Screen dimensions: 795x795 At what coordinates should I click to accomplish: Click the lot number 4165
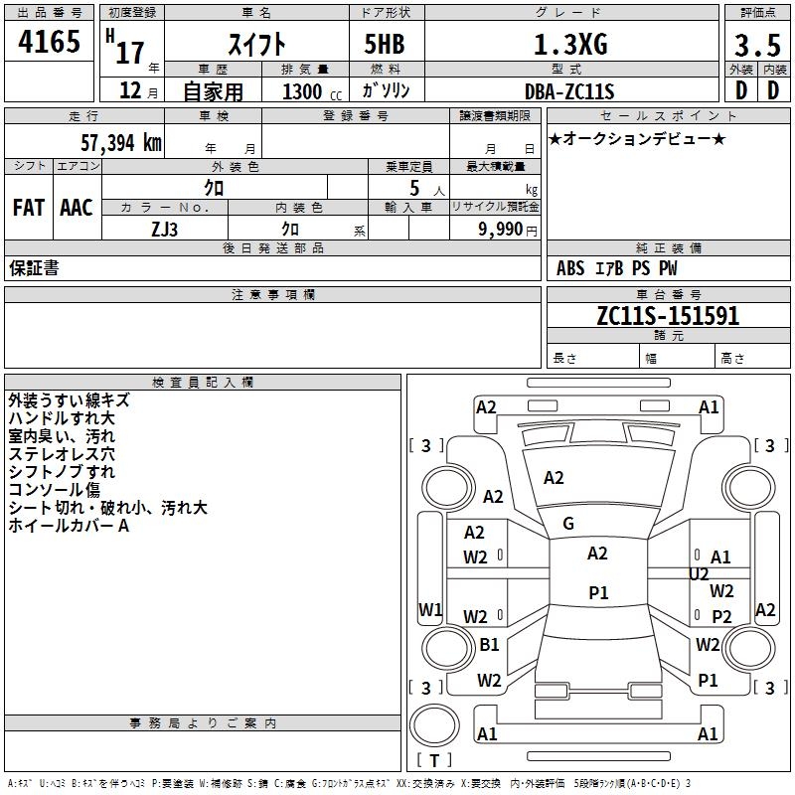point(49,44)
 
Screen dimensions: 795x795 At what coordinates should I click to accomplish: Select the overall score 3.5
point(754,47)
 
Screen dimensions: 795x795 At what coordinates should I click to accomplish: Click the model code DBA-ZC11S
point(569,91)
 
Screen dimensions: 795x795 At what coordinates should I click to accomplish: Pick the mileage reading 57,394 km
point(117,143)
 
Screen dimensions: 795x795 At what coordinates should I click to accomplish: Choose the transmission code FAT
point(28,208)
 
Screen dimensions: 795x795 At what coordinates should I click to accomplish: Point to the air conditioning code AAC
point(77,208)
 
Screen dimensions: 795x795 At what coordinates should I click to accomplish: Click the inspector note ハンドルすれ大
point(62,418)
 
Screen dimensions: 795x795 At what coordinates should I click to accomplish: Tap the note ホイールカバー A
point(69,526)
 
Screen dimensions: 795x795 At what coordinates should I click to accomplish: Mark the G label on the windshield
point(568,524)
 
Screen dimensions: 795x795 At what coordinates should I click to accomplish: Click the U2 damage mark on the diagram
point(699,574)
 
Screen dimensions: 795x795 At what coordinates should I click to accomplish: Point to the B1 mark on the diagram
point(489,645)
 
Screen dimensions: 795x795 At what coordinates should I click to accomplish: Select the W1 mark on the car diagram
point(430,609)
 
